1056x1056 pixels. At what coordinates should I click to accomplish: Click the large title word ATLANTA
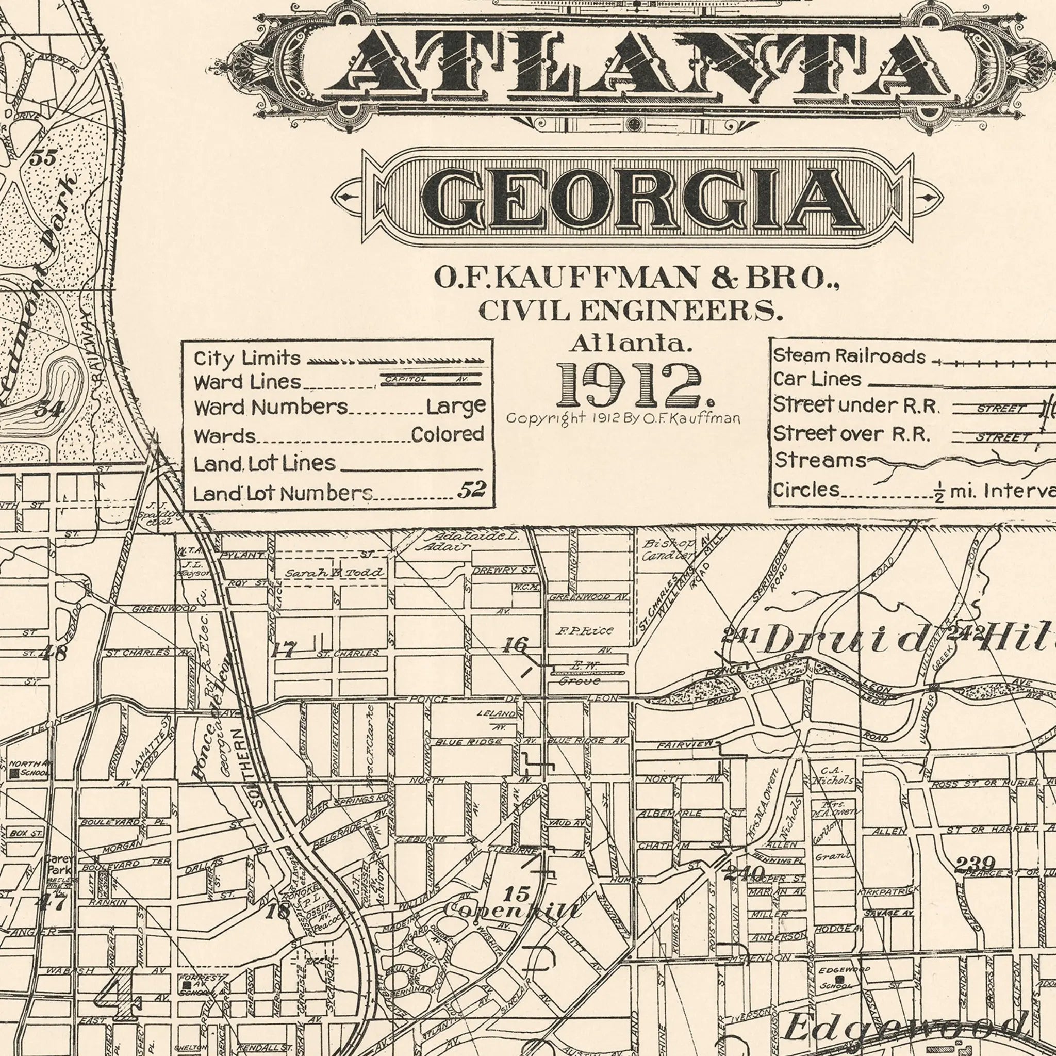(x=637, y=61)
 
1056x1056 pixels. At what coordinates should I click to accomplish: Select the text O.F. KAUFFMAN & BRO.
(x=637, y=278)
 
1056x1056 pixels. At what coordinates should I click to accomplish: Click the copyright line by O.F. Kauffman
(x=623, y=418)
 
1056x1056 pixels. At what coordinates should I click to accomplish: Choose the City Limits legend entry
(x=247, y=359)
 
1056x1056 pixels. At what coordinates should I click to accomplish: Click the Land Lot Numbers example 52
(x=471, y=490)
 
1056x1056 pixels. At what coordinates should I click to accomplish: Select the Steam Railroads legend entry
(x=849, y=356)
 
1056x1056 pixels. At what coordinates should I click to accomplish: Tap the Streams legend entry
(x=820, y=461)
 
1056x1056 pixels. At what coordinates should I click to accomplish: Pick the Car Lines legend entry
(x=817, y=379)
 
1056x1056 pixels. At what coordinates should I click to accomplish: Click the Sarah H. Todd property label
(x=334, y=573)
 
